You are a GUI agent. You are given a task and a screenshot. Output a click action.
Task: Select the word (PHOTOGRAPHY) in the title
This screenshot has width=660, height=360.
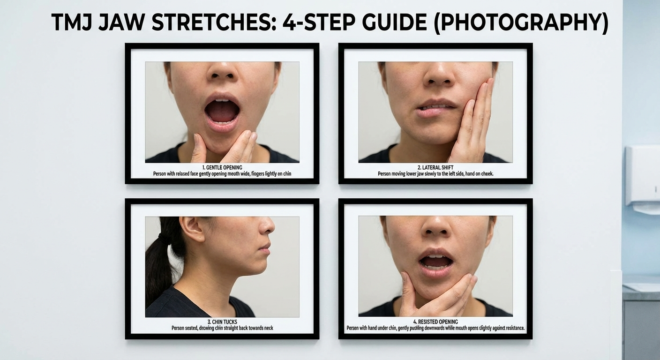[521, 23]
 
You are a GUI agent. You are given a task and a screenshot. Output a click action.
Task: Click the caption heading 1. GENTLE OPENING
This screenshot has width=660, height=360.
[222, 167]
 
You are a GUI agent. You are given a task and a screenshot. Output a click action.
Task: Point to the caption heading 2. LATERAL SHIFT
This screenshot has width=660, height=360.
[435, 167]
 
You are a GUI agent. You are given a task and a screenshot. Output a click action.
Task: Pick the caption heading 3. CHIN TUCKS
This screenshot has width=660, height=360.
[222, 322]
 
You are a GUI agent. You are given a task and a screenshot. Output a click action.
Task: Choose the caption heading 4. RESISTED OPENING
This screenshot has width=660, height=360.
[435, 322]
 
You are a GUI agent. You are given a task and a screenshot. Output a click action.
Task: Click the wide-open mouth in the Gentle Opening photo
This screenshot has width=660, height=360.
[222, 110]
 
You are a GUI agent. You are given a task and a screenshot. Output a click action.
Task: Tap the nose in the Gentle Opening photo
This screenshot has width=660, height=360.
[222, 71]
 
